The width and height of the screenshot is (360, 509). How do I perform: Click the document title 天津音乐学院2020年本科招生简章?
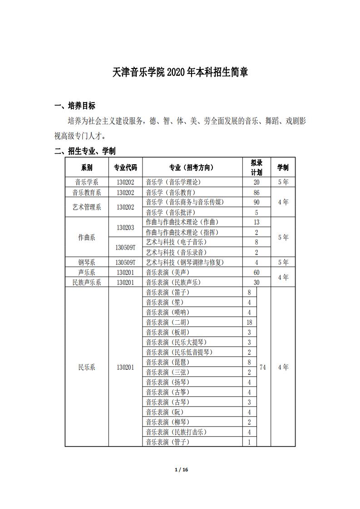pyautogui.click(x=180, y=73)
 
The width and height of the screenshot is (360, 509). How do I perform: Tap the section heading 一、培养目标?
pyautogui.click(x=75, y=106)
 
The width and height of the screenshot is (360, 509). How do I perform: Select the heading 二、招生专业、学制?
pyautogui.click(x=85, y=151)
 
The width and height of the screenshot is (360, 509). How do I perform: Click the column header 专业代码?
pyautogui.click(x=125, y=167)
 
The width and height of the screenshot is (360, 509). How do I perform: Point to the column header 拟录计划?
pyautogui.click(x=256, y=167)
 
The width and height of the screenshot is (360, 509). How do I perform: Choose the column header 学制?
pyautogui.click(x=283, y=167)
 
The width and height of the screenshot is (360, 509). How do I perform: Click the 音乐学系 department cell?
pyautogui.click(x=86, y=182)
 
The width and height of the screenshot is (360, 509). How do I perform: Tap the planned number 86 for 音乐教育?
pyautogui.click(x=256, y=192)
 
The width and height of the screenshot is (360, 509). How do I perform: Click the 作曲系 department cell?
pyautogui.click(x=86, y=237)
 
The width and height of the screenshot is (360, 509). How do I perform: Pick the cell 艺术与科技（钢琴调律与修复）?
pyautogui.click(x=185, y=262)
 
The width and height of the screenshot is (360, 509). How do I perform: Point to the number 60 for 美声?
pyautogui.click(x=256, y=272)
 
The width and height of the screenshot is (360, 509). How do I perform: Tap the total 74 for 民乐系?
pyautogui.click(x=263, y=367)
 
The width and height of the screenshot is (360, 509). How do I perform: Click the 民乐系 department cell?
pyautogui.click(x=86, y=367)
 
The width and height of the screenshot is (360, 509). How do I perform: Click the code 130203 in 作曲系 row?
pyautogui.click(x=125, y=227)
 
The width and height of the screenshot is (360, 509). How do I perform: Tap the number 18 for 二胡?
pyautogui.click(x=249, y=322)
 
